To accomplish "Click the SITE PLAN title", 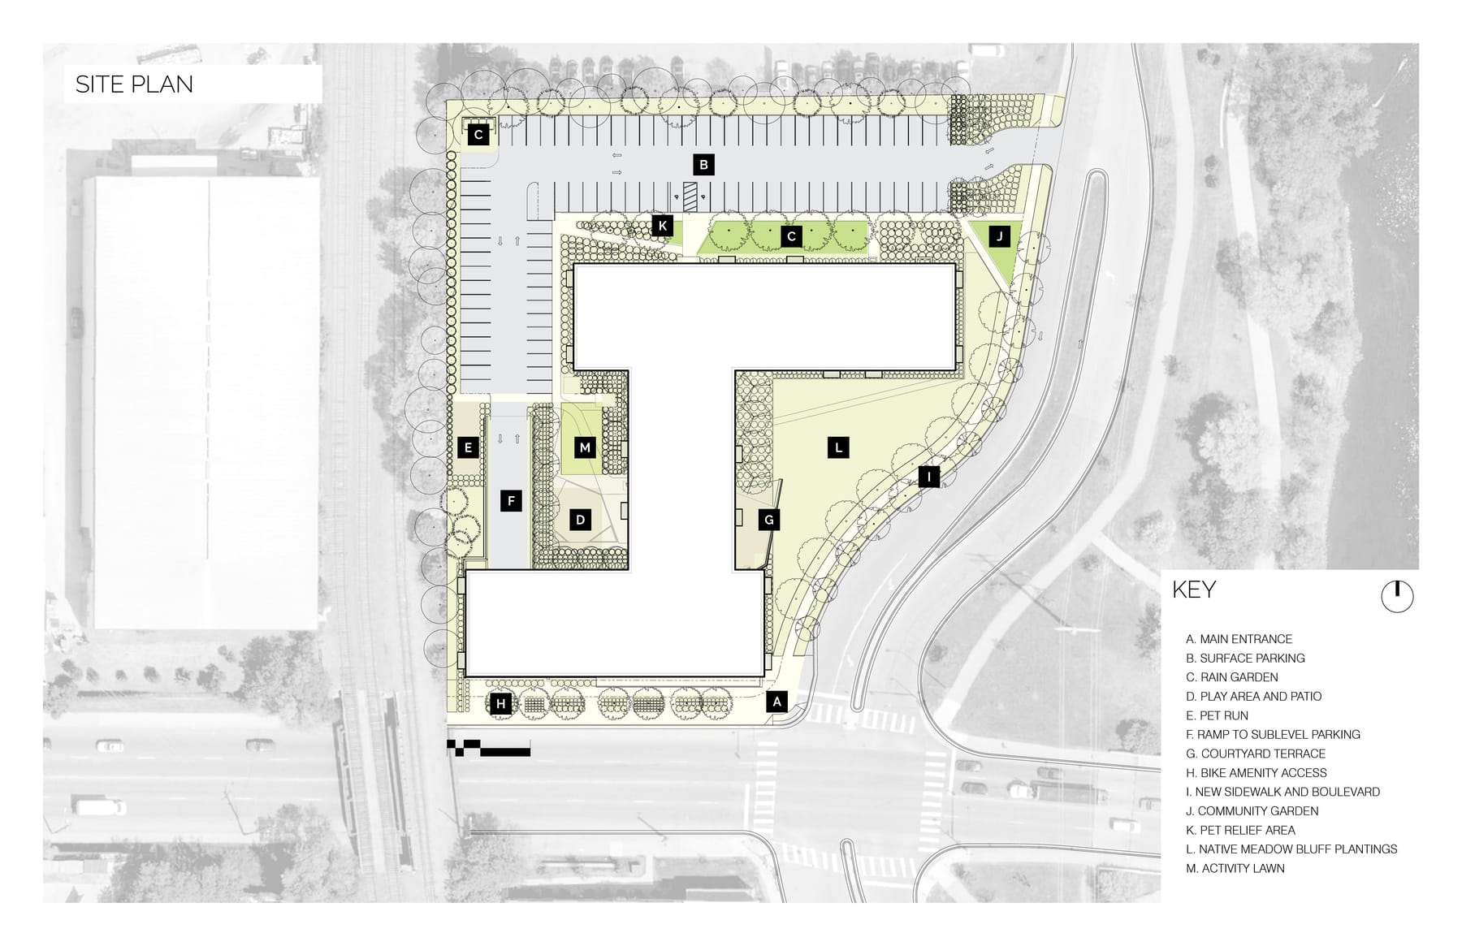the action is [134, 84].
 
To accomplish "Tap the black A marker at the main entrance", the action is [777, 702].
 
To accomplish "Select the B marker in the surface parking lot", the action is [704, 165].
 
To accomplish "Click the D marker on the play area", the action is [580, 520].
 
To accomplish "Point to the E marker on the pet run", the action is [468, 447].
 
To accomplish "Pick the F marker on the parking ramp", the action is [512, 501].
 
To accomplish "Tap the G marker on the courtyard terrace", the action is [769, 520].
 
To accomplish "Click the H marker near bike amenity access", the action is [501, 704].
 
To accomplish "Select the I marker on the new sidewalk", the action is [928, 477].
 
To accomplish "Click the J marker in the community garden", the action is [1000, 236].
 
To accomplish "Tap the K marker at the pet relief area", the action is [663, 226].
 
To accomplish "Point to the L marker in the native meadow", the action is [838, 447].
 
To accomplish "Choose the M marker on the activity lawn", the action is [585, 447].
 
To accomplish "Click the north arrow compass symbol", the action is [1397, 597].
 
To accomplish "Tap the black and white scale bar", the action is [488, 749].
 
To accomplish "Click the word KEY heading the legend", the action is [1194, 590].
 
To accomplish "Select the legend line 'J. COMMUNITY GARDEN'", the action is [1252, 811].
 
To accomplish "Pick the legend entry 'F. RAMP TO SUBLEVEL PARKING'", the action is [1273, 735].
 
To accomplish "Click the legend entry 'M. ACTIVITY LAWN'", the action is [1235, 868].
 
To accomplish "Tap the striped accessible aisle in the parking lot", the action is [690, 196].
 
